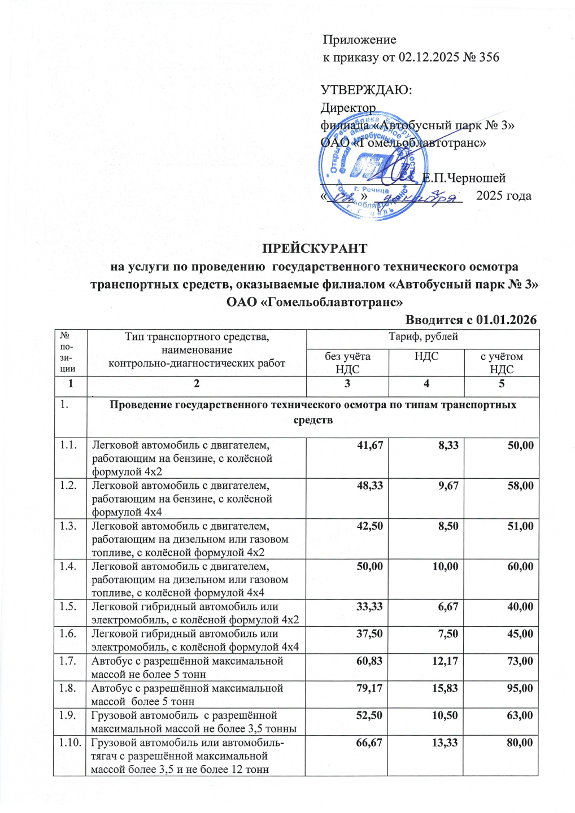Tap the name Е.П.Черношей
(x=464, y=178)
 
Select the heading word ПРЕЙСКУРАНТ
(x=314, y=249)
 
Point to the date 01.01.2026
(x=506, y=320)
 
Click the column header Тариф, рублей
(x=423, y=337)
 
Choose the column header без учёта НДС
(x=347, y=363)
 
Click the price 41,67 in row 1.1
(x=370, y=445)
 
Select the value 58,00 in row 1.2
(x=520, y=486)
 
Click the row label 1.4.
(x=68, y=566)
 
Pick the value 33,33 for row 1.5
(x=369, y=607)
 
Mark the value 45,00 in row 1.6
(x=520, y=634)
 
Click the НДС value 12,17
(x=445, y=661)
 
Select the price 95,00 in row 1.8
(x=520, y=688)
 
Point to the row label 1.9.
(x=68, y=715)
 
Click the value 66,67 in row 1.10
(x=369, y=742)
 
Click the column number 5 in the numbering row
(x=502, y=384)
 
